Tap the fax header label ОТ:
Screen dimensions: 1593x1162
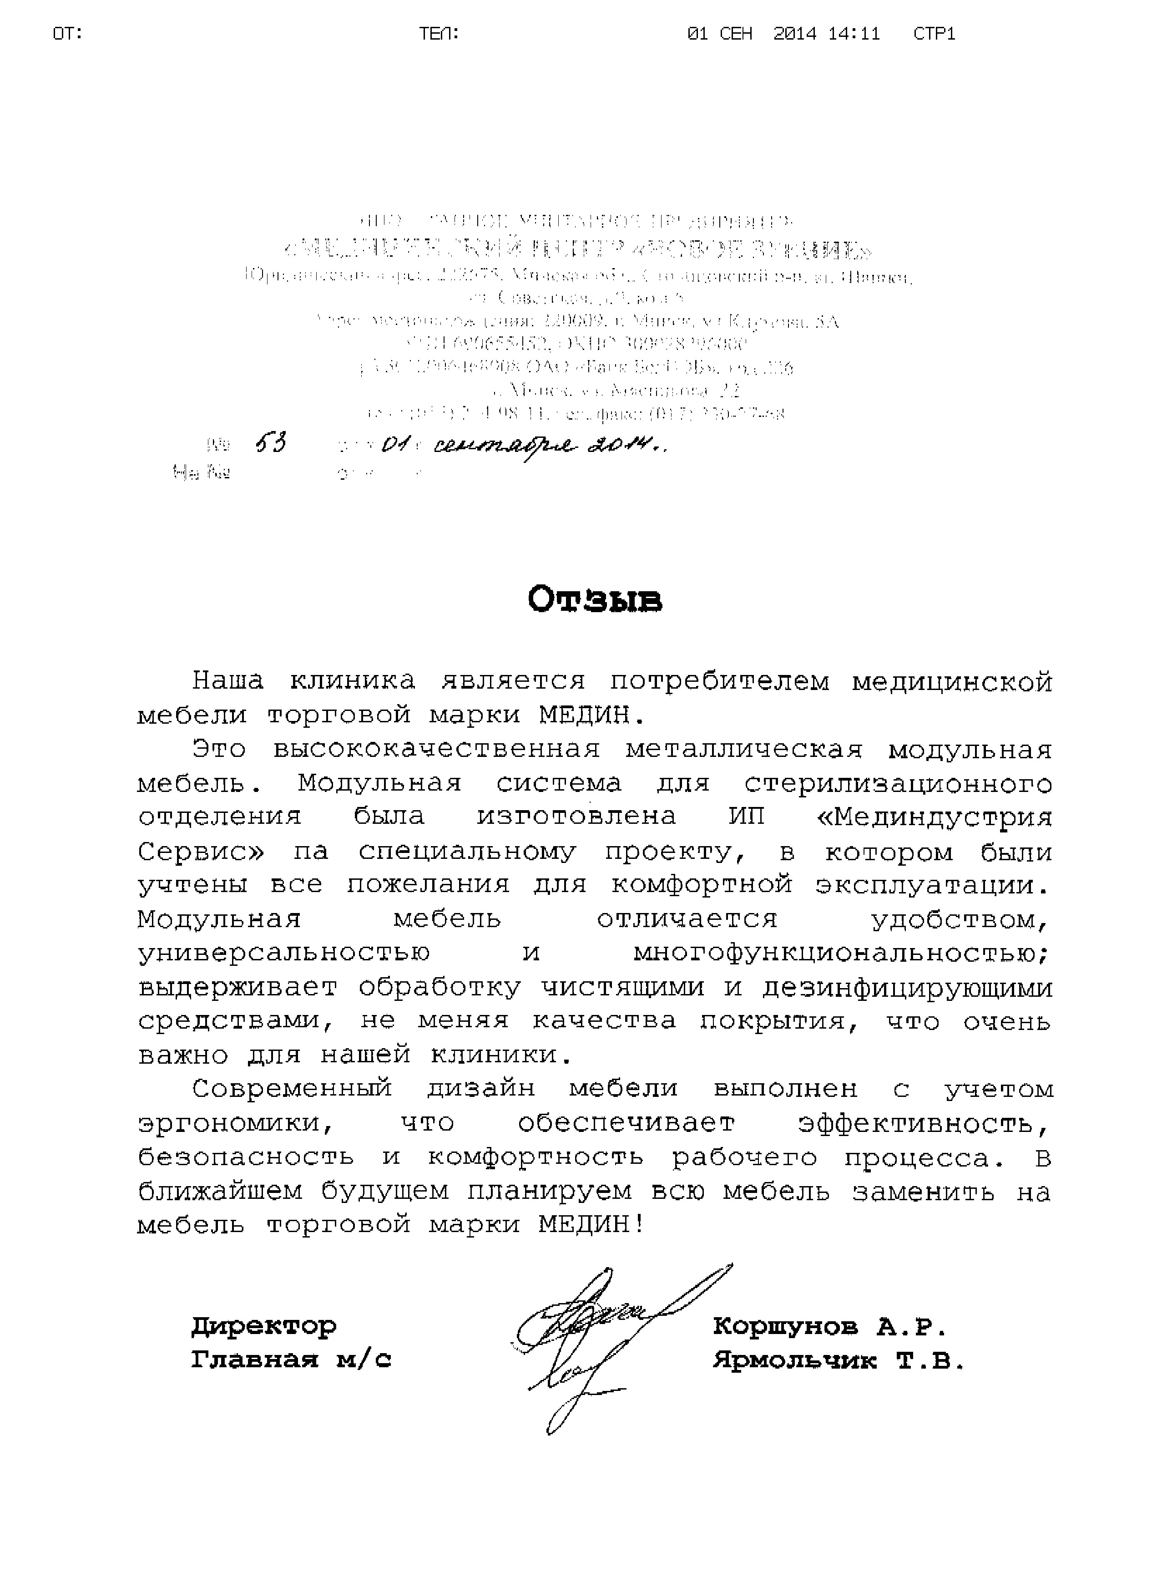click(x=68, y=33)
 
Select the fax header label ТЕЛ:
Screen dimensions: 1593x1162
click(x=440, y=33)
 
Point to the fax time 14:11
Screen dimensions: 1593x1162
click(x=854, y=33)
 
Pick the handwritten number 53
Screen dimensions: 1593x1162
click(x=270, y=443)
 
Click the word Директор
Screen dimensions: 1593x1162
click(x=264, y=1326)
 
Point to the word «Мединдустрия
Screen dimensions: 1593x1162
click(x=936, y=817)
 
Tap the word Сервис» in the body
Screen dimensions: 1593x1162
click(x=201, y=852)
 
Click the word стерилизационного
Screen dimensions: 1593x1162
click(x=898, y=783)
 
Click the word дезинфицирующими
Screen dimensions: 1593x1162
click(x=907, y=988)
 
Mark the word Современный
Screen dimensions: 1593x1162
click(x=292, y=1089)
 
